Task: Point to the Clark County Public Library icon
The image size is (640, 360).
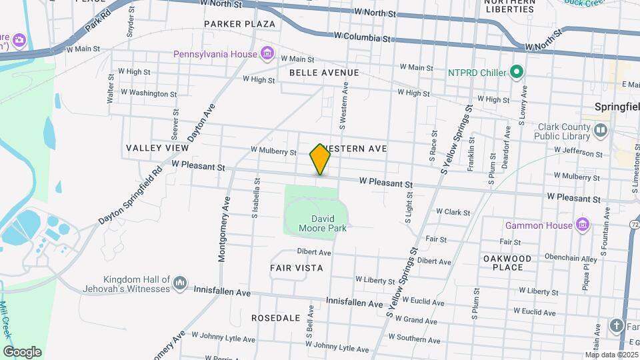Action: click(x=601, y=130)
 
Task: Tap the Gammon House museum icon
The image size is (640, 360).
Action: click(x=583, y=225)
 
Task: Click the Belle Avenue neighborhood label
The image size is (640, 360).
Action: click(x=324, y=73)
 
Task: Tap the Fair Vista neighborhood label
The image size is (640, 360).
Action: click(x=297, y=268)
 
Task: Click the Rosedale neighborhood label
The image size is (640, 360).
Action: click(x=275, y=318)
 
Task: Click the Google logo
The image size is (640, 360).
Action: click(x=23, y=351)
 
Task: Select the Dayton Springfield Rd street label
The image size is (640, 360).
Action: click(x=131, y=194)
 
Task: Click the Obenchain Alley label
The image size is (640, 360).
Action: click(x=552, y=258)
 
